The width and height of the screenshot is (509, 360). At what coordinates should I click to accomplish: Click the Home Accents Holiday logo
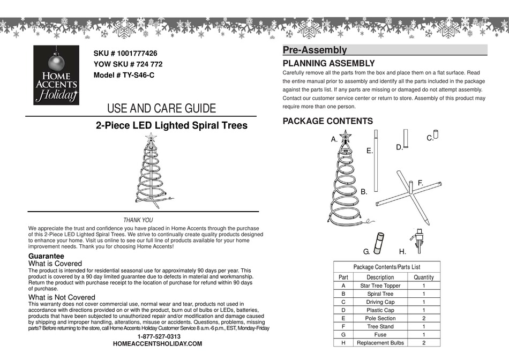(x=56, y=74)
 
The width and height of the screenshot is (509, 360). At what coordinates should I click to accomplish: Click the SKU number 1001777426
(x=125, y=54)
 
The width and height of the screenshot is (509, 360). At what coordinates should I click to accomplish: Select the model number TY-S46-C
(x=124, y=75)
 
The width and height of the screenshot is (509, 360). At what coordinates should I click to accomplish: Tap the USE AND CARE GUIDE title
(x=161, y=109)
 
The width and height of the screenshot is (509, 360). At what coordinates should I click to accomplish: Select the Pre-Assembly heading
(x=315, y=50)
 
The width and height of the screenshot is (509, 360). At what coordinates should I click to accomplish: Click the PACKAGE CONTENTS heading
(x=327, y=121)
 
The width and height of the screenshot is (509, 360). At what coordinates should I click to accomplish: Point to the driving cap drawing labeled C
(x=436, y=133)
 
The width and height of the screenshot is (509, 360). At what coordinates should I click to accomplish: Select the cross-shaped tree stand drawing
(x=410, y=196)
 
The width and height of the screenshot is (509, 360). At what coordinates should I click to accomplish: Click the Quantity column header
(x=423, y=277)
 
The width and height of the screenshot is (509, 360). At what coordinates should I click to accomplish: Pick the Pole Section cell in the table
(x=380, y=318)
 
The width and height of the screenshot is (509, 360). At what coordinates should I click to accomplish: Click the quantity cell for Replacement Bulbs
(x=423, y=343)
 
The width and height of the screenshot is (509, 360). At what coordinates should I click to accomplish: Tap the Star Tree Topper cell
(x=380, y=286)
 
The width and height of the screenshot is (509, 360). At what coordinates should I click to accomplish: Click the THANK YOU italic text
(x=138, y=220)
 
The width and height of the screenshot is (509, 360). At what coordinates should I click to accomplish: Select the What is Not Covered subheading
(x=62, y=297)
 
